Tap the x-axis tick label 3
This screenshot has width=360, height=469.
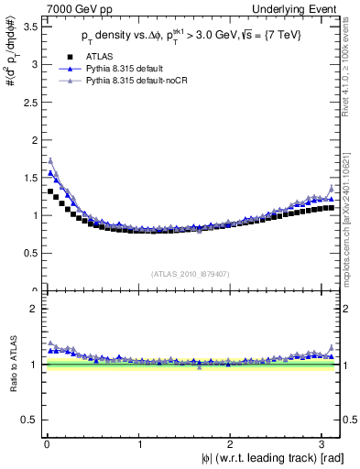point(324,444)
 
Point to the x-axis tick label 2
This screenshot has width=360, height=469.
point(232,444)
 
